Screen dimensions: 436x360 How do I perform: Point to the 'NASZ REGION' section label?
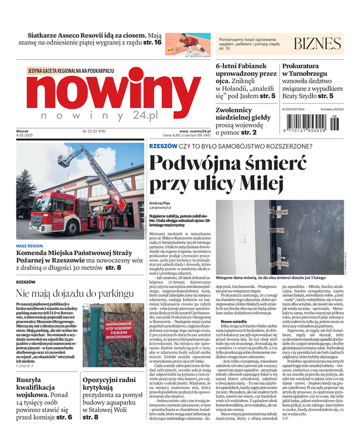(29, 246)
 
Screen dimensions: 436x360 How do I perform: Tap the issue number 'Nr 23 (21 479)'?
(94, 131)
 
